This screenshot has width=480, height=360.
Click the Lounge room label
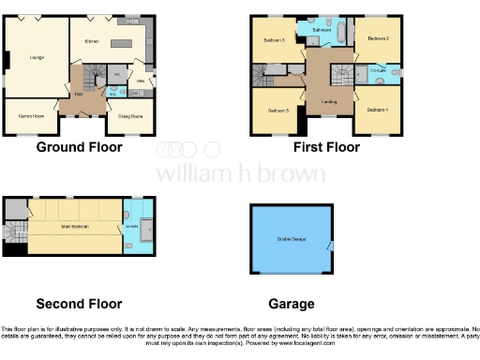pos(37,59)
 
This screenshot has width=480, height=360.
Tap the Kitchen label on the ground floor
pos(92,41)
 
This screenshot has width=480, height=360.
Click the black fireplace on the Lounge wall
pos(6,59)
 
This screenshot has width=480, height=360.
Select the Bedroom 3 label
pos(273,39)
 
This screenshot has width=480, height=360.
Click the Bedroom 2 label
pos(378,39)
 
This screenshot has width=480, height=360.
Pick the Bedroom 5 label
pos(278,111)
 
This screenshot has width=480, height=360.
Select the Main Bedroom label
pos(72,225)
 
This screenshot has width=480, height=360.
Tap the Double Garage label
pos(289,238)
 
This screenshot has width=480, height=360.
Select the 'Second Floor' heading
pos(79,304)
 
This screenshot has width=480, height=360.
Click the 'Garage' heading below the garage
pos(291,304)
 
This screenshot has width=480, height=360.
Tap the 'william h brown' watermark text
pos(240,173)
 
